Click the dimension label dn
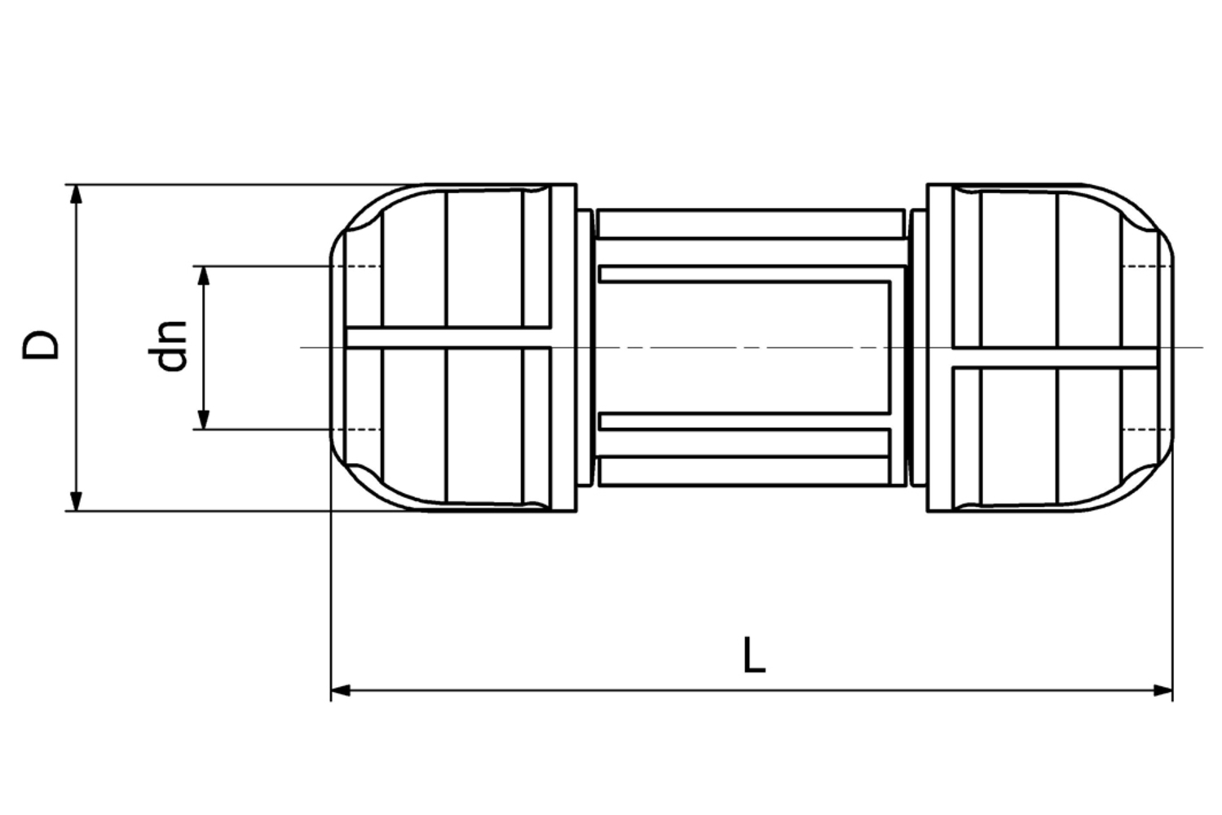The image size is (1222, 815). [x=173, y=346]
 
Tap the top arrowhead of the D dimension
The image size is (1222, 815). [x=76, y=193]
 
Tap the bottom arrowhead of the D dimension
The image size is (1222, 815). [x=76, y=502]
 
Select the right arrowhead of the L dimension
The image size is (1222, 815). [x=1163, y=690]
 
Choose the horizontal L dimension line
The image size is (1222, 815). [x=571, y=690]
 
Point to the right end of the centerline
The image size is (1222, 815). [x=1202, y=348]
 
